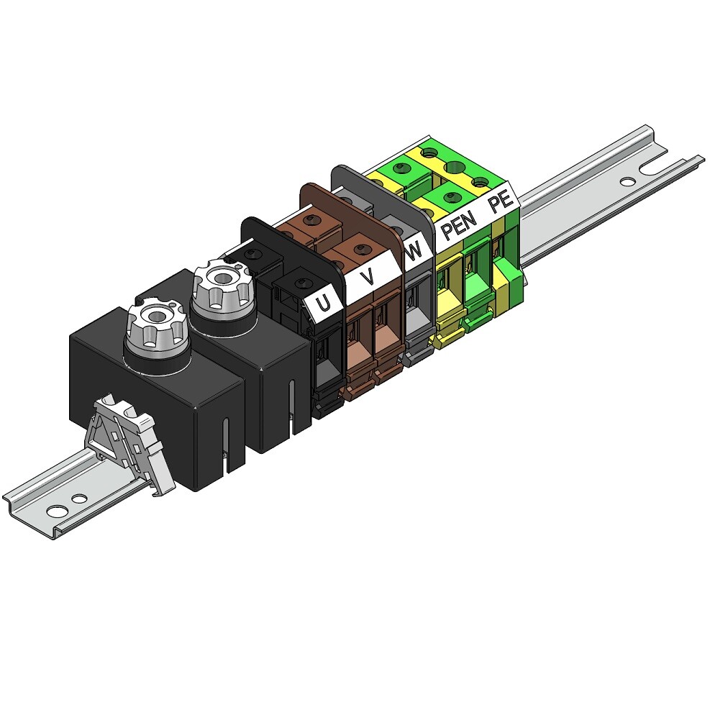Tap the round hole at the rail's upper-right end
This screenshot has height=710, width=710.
[627, 182]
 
